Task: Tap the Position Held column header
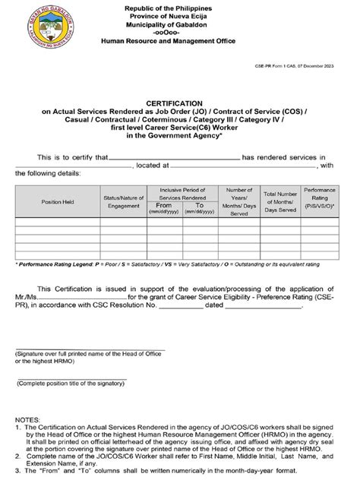(x=58, y=203)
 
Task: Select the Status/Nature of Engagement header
(x=124, y=203)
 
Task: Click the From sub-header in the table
(x=163, y=206)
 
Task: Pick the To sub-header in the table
(x=200, y=206)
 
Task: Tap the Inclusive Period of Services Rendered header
(x=182, y=193)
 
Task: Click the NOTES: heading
(x=29, y=419)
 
